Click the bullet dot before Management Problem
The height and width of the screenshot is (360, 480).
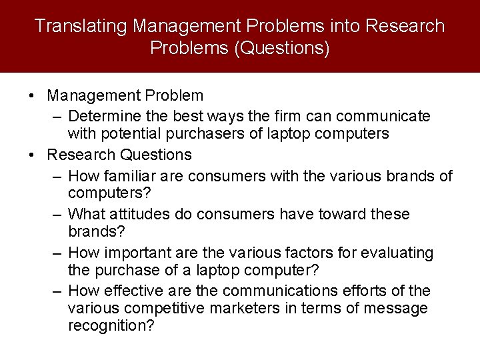coord(33,97)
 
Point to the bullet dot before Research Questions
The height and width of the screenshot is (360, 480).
coord(33,155)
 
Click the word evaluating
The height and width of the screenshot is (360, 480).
coord(399,253)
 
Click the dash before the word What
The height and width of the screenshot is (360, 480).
coord(57,215)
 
